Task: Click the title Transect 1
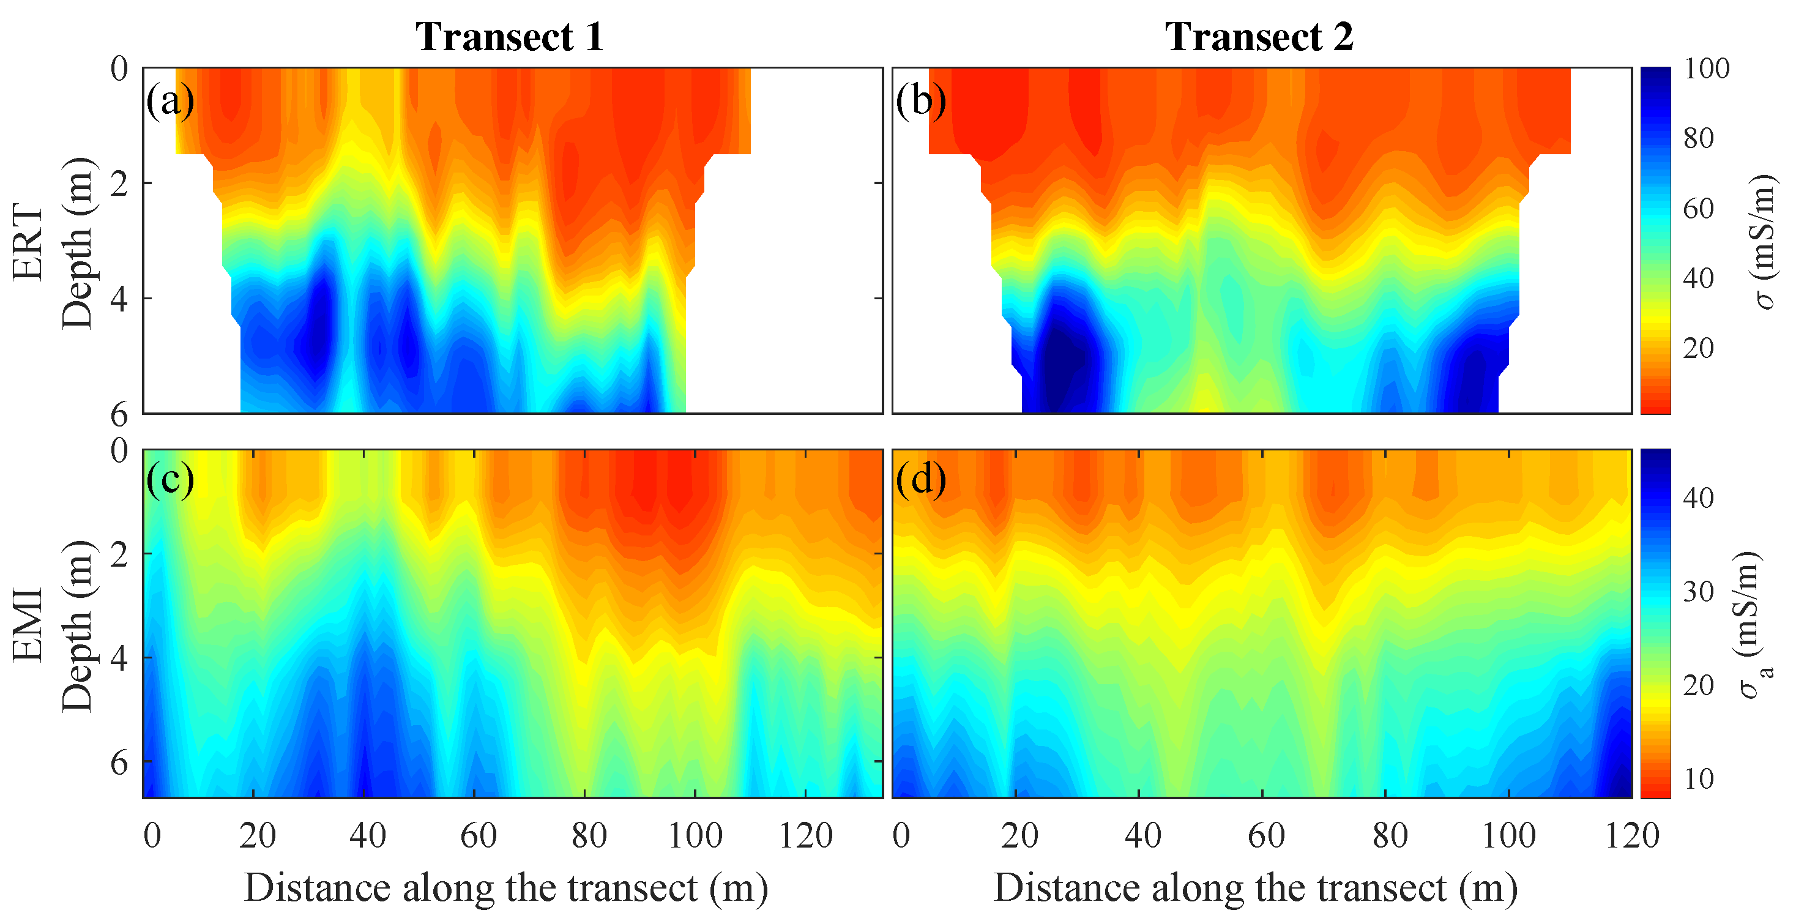pyautogui.click(x=510, y=36)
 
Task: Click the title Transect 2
pyautogui.click(x=1259, y=36)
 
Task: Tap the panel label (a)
pyautogui.click(x=170, y=100)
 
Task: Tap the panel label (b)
pyautogui.click(x=921, y=100)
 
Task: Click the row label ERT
pyautogui.click(x=28, y=242)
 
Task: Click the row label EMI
pyautogui.click(x=28, y=625)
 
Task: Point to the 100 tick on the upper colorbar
pyautogui.click(x=1706, y=69)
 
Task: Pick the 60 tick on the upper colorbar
pyautogui.click(x=1698, y=208)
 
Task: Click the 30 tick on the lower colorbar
pyautogui.click(x=1698, y=591)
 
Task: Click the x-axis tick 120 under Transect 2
pyautogui.click(x=1632, y=835)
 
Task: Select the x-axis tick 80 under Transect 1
pyautogui.click(x=589, y=835)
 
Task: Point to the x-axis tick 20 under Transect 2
pyautogui.click(x=1019, y=835)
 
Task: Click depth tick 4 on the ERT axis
pyautogui.click(x=119, y=299)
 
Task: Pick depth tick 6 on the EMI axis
pyautogui.click(x=119, y=763)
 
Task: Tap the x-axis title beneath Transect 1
pyautogui.click(x=506, y=888)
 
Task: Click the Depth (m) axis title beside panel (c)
pyautogui.click(x=76, y=625)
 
